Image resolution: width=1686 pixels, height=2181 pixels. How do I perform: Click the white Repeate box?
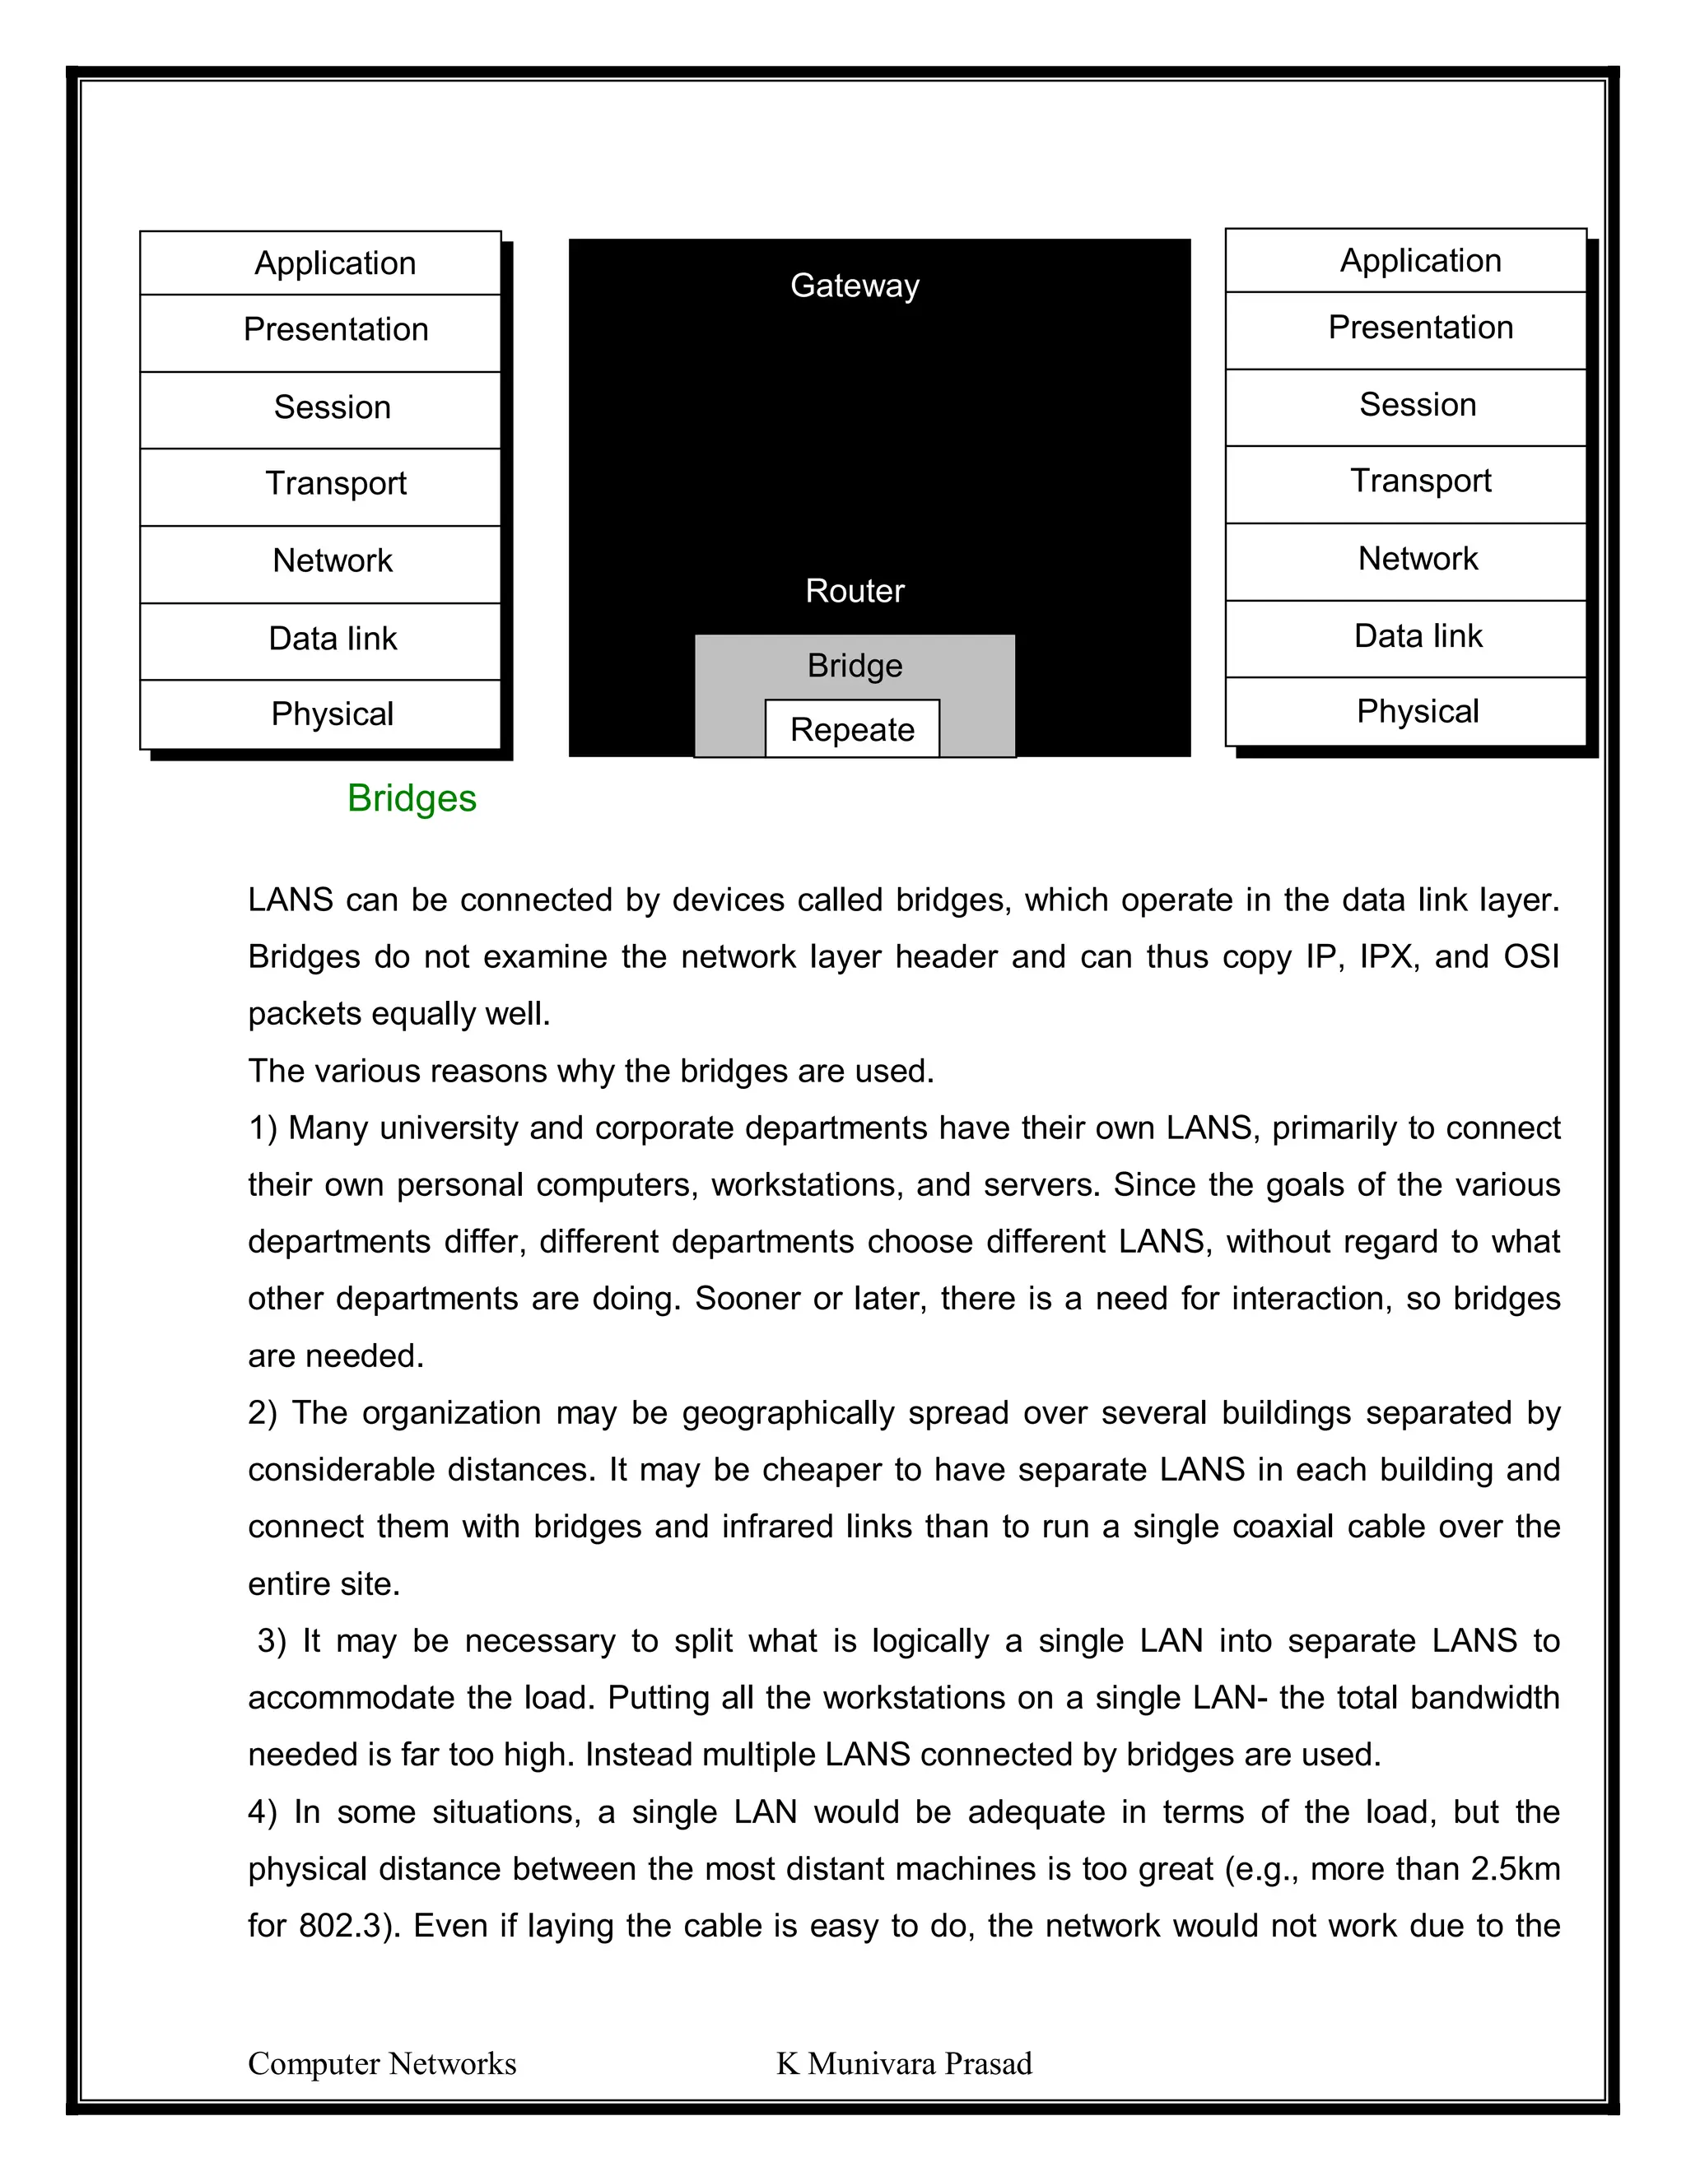point(852,729)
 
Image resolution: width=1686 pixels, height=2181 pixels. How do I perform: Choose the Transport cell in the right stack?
point(1419,481)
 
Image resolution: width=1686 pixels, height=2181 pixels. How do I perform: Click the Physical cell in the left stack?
point(332,714)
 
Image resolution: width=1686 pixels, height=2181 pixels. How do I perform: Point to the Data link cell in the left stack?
point(332,638)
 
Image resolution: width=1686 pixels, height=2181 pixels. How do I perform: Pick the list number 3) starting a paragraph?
point(271,1641)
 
